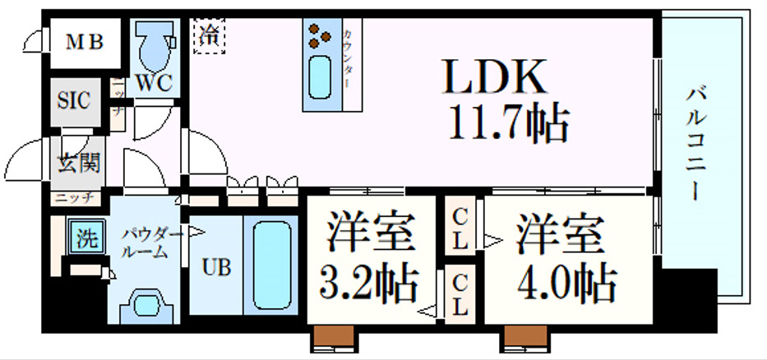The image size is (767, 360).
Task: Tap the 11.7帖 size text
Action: coord(507,126)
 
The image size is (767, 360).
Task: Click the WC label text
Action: coord(154,84)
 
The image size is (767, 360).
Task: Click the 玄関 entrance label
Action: coord(78,162)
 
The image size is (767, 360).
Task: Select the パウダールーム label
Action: coord(148,243)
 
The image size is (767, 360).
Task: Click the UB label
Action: coord(216,267)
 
